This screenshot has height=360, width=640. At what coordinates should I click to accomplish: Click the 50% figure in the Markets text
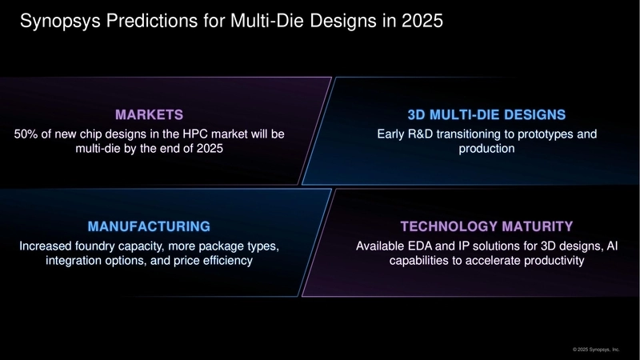(26, 133)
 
